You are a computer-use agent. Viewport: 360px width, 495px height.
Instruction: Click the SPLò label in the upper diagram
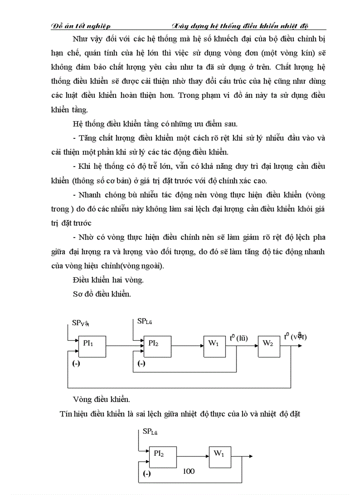145,321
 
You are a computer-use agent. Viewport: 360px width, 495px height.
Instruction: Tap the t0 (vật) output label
295,337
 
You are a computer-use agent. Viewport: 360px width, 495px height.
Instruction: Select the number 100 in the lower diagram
188,471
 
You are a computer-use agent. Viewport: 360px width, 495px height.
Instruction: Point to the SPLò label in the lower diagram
150,432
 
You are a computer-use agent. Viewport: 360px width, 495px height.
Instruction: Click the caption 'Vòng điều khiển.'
101,399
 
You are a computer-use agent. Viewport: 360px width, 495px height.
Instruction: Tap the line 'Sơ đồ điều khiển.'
101,294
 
